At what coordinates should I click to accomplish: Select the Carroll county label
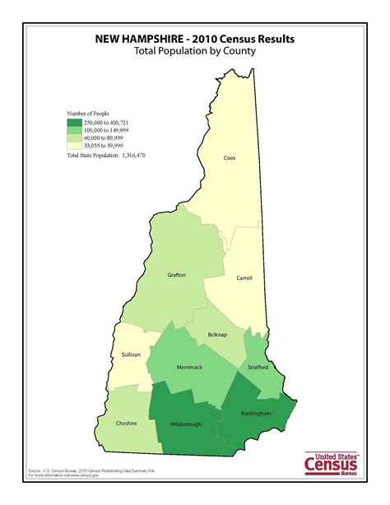point(244,278)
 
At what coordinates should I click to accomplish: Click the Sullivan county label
point(131,354)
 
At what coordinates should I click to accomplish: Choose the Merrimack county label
point(190,367)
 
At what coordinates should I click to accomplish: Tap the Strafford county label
point(258,367)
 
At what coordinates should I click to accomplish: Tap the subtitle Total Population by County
point(194,50)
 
